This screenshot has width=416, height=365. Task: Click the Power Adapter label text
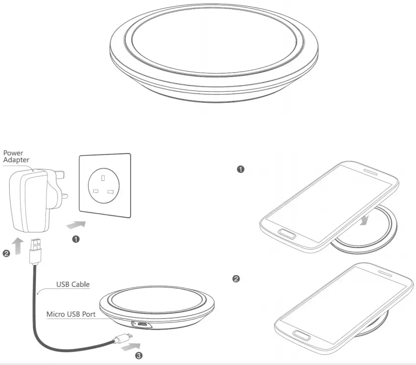click(16, 156)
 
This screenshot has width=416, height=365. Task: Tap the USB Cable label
click(73, 284)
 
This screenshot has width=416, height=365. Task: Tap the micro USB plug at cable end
click(119, 340)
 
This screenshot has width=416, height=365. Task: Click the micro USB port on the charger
click(142, 325)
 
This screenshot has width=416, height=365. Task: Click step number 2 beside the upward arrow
click(6, 254)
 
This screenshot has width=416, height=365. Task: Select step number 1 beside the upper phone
click(241, 169)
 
